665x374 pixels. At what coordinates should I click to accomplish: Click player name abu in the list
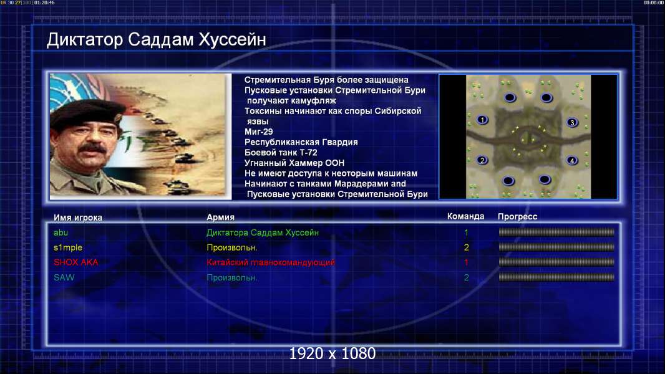tap(61, 233)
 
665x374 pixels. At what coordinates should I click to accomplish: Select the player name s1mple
tap(68, 247)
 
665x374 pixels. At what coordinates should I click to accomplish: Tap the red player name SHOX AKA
tap(75, 262)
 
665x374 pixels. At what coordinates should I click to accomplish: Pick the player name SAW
tap(64, 277)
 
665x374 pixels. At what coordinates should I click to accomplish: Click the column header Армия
tap(221, 218)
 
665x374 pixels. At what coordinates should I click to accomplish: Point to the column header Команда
tap(465, 216)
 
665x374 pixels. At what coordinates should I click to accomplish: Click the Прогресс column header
tap(517, 217)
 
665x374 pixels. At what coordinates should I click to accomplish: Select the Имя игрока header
tap(77, 218)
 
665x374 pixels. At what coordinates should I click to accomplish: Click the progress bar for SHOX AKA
tap(556, 262)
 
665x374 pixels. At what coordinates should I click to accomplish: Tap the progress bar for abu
tap(556, 232)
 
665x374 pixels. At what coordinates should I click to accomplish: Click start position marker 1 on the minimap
tap(482, 120)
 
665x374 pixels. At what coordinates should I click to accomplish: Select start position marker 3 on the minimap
tap(572, 122)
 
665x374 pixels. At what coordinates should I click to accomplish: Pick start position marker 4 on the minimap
tap(572, 161)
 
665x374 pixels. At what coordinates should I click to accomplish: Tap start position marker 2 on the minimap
tap(482, 160)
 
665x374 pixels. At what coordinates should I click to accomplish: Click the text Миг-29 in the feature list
tap(259, 132)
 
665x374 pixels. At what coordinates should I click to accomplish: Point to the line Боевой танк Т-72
tap(281, 153)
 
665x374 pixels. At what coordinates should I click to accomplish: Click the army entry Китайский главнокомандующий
tap(271, 262)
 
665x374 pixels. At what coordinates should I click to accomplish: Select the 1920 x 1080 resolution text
tap(332, 353)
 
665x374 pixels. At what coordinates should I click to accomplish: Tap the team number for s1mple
tap(466, 247)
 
